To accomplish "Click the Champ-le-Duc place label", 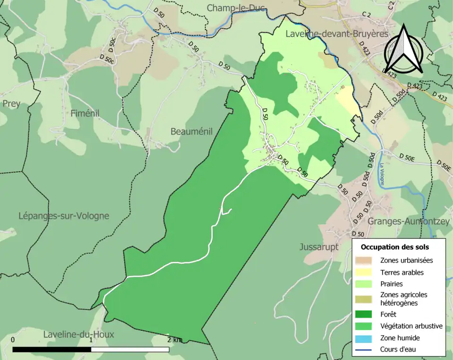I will [x=236, y=8].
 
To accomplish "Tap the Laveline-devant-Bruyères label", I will [x=336, y=34].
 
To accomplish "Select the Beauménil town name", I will [x=195, y=132].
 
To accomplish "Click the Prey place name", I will [x=11, y=104].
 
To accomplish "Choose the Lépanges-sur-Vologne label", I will [x=64, y=216].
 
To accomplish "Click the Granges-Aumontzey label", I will [x=406, y=221].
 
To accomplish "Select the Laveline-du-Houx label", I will [x=78, y=335].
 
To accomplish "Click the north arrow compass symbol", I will [x=403, y=50].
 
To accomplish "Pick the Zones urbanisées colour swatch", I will [x=364, y=260].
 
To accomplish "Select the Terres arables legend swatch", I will [x=364, y=272].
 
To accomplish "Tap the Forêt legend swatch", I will [x=364, y=314].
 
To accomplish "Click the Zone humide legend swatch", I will [x=364, y=338].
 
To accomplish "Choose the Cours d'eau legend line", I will [x=364, y=350].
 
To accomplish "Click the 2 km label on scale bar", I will [x=174, y=340].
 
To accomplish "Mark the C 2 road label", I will [x=366, y=15].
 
